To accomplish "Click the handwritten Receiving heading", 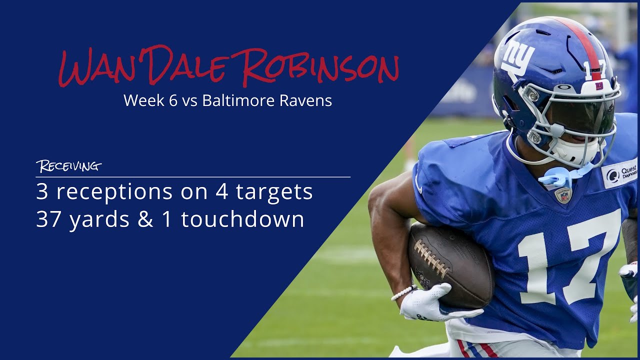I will (x=68, y=166).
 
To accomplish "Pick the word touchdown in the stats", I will (x=242, y=219).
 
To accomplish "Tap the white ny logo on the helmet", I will (x=517, y=56).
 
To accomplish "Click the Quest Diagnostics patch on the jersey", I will (x=620, y=173).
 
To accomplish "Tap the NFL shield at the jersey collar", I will (x=563, y=195).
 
